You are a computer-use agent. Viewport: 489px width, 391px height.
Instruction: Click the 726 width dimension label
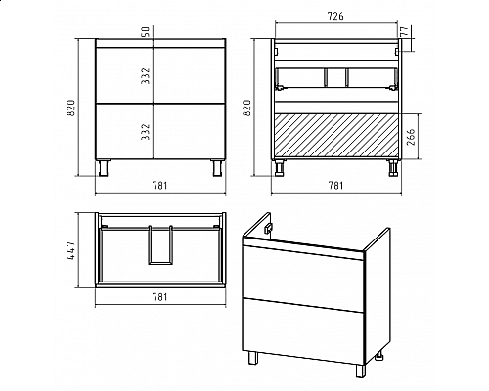point(335,16)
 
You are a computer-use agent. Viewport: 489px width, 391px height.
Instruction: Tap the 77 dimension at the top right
point(404,31)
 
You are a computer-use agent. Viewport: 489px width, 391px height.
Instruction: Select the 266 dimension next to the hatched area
point(412,137)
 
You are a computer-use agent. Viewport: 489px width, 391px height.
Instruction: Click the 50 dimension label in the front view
point(146,31)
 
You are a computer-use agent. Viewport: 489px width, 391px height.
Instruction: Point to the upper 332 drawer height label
point(146,76)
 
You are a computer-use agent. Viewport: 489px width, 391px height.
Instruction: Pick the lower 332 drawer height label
point(146,132)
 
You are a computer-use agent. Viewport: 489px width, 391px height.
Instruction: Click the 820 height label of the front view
point(71,108)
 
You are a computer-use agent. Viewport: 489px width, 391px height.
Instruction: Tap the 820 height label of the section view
point(246,108)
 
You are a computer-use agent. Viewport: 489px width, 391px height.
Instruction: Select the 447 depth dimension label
point(71,250)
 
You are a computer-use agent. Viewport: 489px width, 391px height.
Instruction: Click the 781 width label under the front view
point(159,186)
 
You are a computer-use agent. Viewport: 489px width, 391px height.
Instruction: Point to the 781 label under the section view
point(335,186)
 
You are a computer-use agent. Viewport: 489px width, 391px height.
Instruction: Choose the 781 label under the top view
point(159,297)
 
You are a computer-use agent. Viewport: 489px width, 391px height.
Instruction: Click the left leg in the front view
point(104,168)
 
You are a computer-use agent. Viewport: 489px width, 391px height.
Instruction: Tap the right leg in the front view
point(217,168)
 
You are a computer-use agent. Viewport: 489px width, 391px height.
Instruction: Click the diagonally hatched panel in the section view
point(337,137)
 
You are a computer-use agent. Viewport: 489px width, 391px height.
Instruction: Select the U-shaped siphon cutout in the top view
point(160,244)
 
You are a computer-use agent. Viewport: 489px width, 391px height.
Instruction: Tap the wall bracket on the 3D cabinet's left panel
point(268,229)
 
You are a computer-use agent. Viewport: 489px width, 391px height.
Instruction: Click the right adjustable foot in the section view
point(393,168)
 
